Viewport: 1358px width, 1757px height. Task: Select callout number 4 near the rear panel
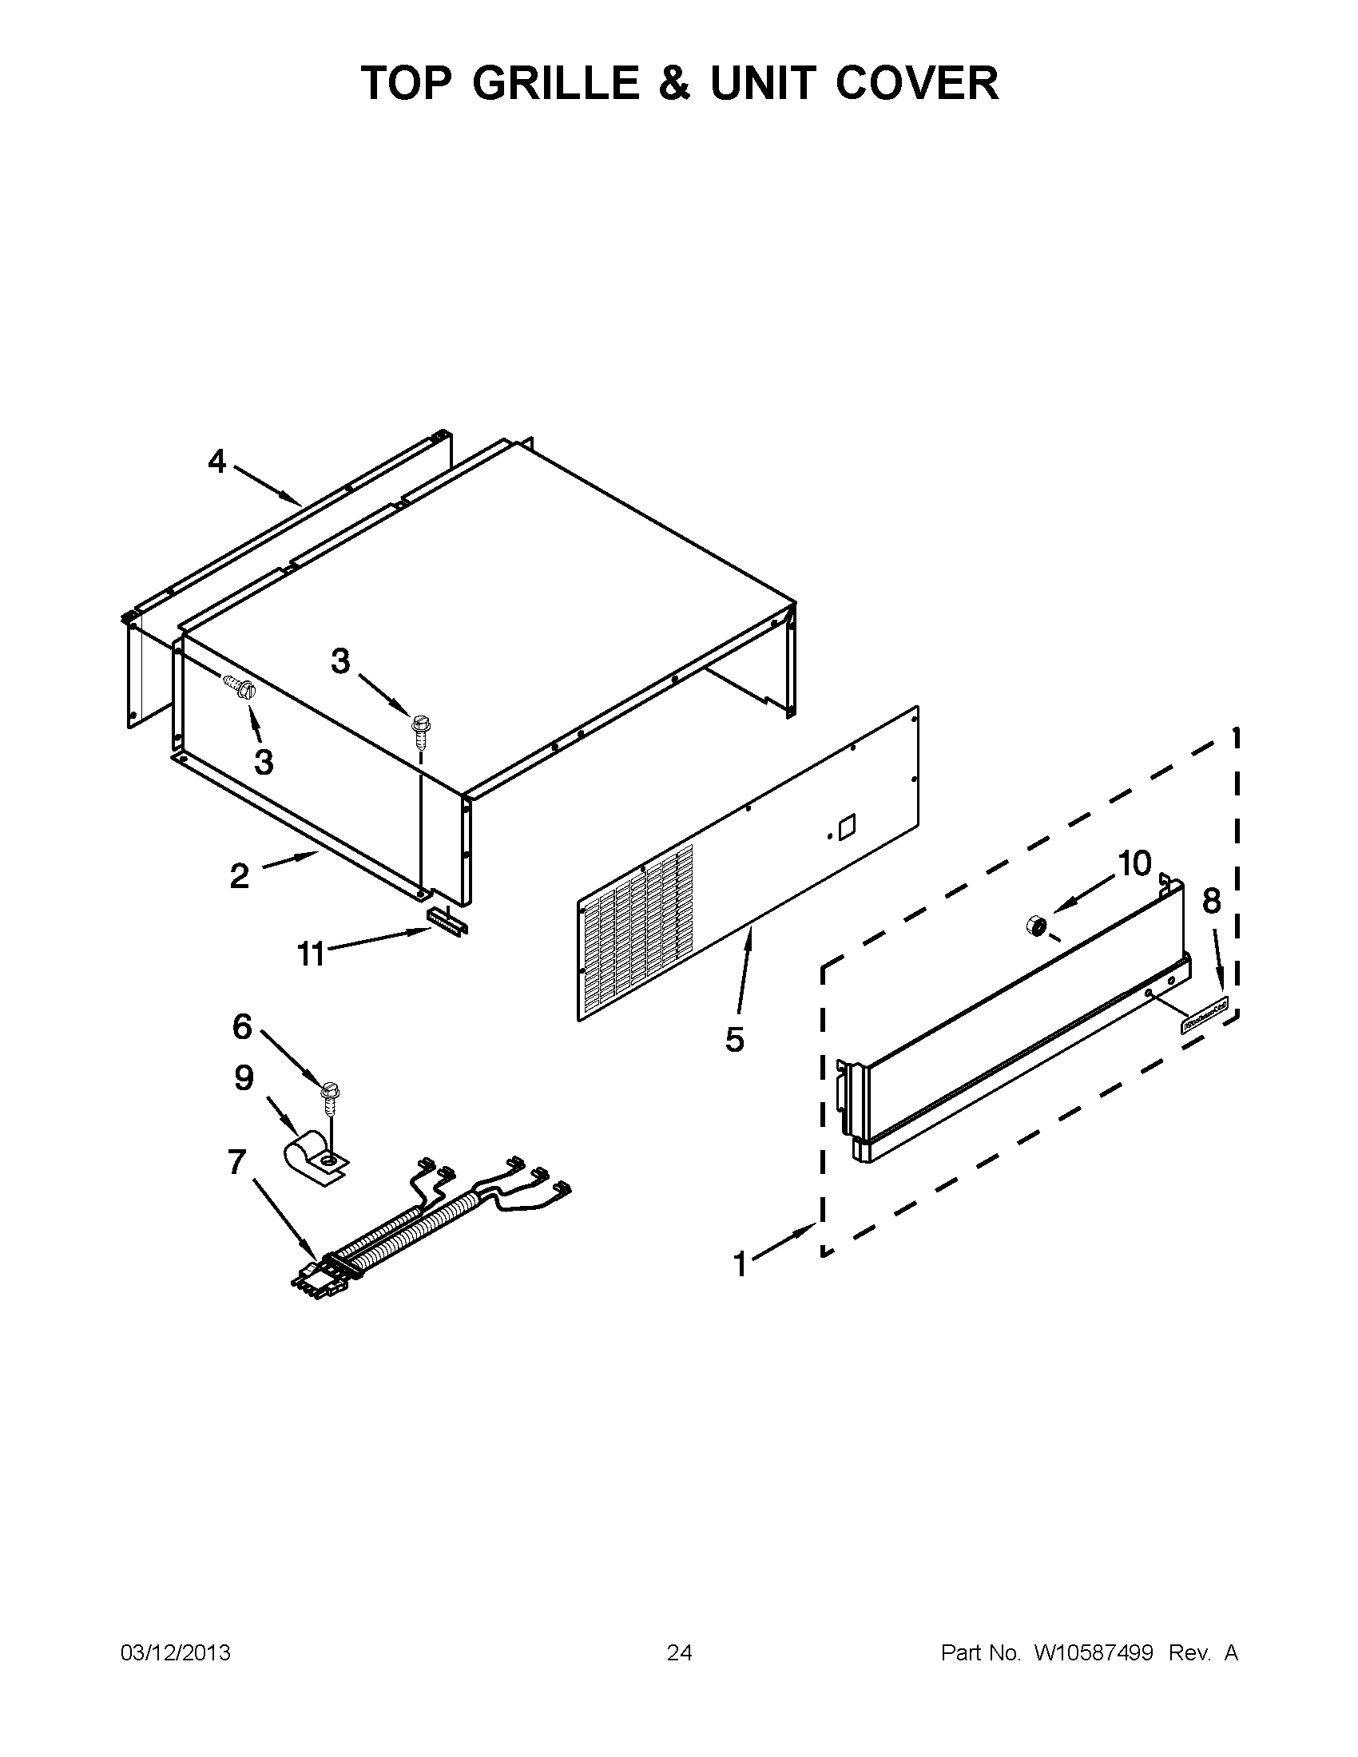(x=217, y=462)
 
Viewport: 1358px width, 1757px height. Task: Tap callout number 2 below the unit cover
(x=240, y=876)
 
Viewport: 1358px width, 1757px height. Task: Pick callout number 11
(x=310, y=954)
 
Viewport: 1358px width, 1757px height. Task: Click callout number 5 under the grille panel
(x=734, y=1040)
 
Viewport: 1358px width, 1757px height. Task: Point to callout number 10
(x=1134, y=864)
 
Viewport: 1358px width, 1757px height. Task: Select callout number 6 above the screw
(x=242, y=1026)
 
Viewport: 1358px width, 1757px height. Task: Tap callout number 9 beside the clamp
(x=244, y=1078)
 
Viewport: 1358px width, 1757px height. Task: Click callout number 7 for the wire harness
(x=236, y=1163)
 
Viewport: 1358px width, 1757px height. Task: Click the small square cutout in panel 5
(x=847, y=828)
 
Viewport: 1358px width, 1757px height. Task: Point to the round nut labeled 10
(x=1036, y=926)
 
